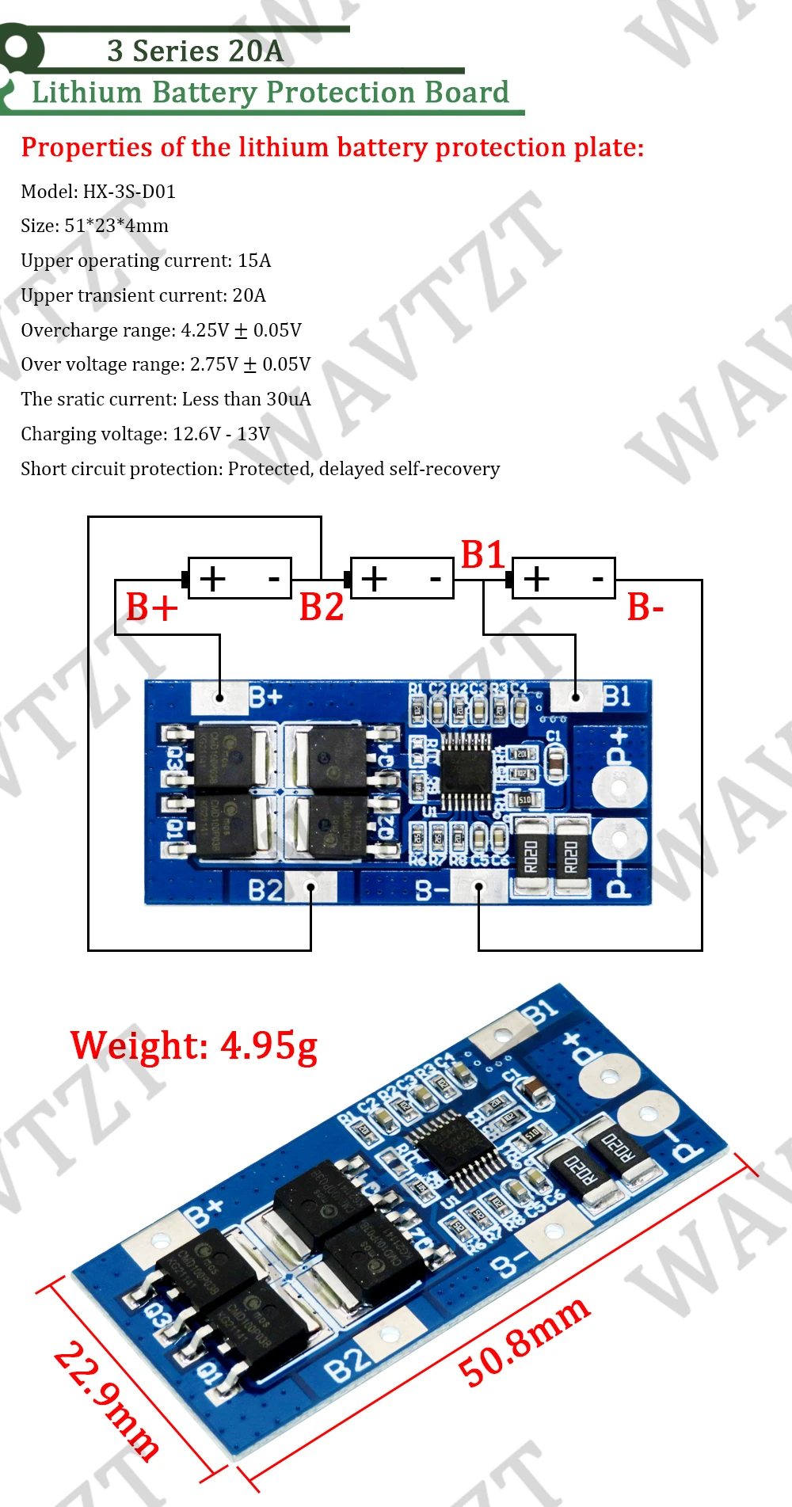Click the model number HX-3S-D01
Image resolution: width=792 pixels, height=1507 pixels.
pyautogui.click(x=129, y=192)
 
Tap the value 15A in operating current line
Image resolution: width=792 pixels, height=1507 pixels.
pyautogui.click(x=254, y=261)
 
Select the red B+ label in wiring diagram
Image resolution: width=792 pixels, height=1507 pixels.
pyautogui.click(x=151, y=607)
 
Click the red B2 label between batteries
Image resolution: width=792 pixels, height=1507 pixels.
pyautogui.click(x=322, y=607)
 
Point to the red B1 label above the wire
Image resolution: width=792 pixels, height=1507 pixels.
pyautogui.click(x=482, y=554)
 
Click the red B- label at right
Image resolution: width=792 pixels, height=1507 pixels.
pyautogui.click(x=645, y=607)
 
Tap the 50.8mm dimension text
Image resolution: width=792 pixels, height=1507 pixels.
pyautogui.click(x=524, y=1341)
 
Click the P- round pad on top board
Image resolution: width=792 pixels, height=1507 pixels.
pyautogui.click(x=619, y=837)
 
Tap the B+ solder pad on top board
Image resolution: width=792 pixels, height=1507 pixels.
pyautogui.click(x=219, y=698)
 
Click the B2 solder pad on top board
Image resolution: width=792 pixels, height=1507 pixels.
pyautogui.click(x=310, y=888)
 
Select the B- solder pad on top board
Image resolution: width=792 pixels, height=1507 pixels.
pyautogui.click(x=478, y=888)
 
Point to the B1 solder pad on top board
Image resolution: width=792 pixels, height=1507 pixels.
pyautogui.click(x=576, y=697)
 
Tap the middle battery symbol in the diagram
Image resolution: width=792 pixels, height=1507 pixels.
pyautogui.click(x=402, y=579)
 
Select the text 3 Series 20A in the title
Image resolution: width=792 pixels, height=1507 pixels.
pyautogui.click(x=195, y=51)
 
